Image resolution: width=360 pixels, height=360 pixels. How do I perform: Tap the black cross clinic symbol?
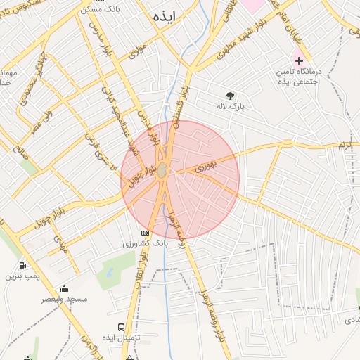[x=299, y=60]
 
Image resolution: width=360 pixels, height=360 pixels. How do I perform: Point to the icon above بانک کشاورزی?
[x=146, y=233]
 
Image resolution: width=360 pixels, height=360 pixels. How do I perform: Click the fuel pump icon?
[x=23, y=266]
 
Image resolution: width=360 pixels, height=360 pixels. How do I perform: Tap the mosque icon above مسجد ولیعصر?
[x=64, y=288]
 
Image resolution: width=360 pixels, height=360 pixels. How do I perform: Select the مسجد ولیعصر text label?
[x=64, y=300]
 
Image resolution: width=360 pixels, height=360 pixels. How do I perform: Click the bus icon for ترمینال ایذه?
[x=121, y=327]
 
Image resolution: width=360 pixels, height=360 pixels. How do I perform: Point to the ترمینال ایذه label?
[x=121, y=338]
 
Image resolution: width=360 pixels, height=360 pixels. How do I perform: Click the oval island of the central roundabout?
[x=162, y=170]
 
